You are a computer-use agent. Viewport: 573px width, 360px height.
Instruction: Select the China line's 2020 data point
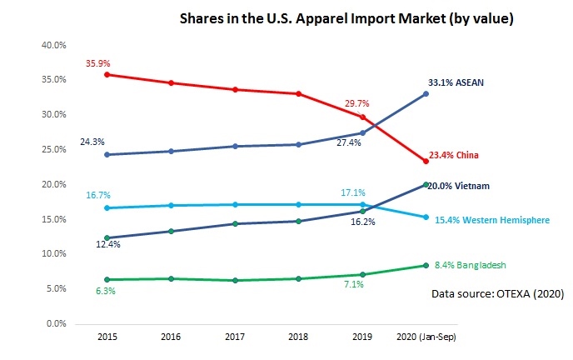[426, 161]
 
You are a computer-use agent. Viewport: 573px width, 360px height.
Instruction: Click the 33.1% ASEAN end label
[456, 82]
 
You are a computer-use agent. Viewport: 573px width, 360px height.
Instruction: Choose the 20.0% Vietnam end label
[458, 185]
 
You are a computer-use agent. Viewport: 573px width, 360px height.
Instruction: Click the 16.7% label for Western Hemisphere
[98, 195]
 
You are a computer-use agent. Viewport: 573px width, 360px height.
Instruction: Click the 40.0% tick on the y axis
[54, 45]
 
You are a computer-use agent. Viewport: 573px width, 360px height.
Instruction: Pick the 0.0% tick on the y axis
[57, 323]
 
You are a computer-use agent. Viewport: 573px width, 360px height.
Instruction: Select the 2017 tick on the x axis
[235, 337]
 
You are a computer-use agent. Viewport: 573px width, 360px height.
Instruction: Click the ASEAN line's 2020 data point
[426, 93]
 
